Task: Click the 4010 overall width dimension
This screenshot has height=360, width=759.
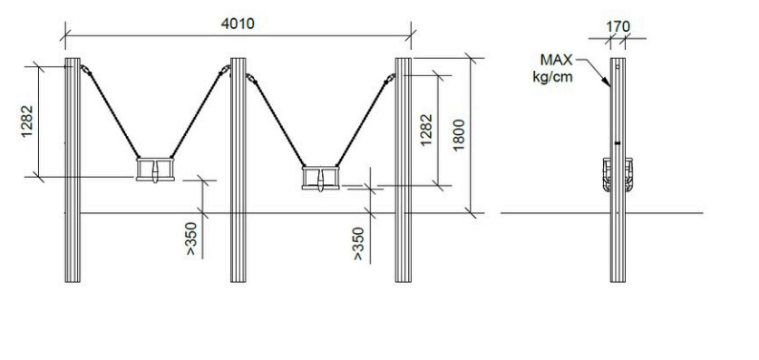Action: click(x=238, y=24)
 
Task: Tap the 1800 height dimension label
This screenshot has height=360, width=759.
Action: click(x=459, y=135)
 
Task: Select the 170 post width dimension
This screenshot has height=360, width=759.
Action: click(x=618, y=26)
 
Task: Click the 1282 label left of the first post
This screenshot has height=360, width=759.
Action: click(x=27, y=121)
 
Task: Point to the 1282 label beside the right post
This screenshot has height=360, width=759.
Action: click(x=425, y=131)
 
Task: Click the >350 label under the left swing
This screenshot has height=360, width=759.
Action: click(x=191, y=238)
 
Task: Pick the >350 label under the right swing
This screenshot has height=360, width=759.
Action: click(x=358, y=244)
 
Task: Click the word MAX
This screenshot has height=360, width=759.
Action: click(x=556, y=60)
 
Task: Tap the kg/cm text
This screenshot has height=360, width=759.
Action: click(x=553, y=76)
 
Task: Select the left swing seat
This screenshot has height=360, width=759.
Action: click(x=155, y=170)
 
